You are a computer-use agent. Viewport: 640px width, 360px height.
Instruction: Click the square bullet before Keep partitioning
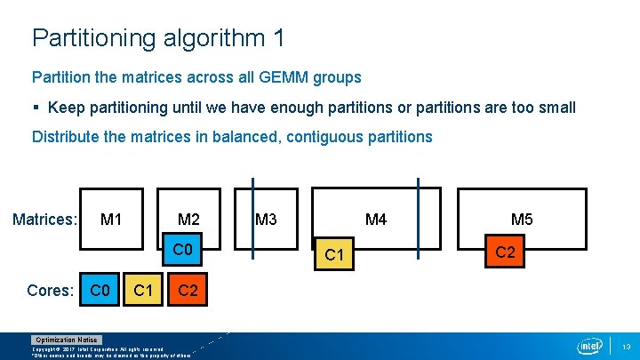36,108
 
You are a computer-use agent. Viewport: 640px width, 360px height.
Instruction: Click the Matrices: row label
45,219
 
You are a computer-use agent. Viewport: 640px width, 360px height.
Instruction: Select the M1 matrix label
111,219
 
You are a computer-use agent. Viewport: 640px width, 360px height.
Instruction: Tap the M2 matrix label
188,219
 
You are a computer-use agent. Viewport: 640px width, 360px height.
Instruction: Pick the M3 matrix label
265,219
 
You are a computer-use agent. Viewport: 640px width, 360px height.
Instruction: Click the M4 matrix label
376,219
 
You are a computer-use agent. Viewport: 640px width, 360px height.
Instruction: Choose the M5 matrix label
522,219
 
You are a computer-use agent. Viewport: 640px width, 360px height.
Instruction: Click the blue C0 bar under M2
182,249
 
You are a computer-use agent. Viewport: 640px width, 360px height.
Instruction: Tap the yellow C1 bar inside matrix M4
334,255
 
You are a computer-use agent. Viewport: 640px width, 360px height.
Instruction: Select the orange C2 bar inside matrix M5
505,252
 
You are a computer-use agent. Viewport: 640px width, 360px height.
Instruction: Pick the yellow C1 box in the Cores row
142,290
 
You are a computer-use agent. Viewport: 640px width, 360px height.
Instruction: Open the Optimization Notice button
67,340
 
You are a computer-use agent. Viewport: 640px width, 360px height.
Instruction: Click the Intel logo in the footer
590,345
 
